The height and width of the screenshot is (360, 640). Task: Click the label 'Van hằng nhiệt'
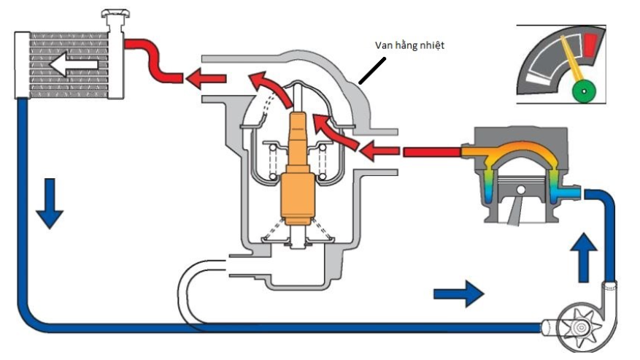[x=409, y=45]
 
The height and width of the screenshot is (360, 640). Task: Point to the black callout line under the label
[x=372, y=71]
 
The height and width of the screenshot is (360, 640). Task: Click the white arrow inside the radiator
[x=74, y=64]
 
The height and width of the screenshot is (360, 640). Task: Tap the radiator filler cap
[x=115, y=14]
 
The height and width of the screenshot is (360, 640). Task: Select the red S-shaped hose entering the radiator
[x=153, y=61]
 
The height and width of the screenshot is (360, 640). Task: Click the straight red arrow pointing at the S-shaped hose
[x=206, y=78]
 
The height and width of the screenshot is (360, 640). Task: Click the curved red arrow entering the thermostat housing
[x=335, y=131]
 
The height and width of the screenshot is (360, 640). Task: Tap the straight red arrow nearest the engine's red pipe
[x=379, y=150]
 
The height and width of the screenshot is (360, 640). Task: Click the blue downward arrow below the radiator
[x=50, y=203]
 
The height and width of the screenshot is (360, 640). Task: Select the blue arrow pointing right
[x=458, y=294]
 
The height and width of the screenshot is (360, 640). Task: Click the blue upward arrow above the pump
[x=584, y=258]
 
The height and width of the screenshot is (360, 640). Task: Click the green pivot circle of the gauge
[x=584, y=91]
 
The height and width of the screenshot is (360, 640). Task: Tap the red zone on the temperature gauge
[x=590, y=44]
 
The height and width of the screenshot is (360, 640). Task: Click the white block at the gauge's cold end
[x=538, y=79]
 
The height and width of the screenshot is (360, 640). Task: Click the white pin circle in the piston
[x=521, y=190]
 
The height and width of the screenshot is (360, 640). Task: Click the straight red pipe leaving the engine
[x=432, y=152]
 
